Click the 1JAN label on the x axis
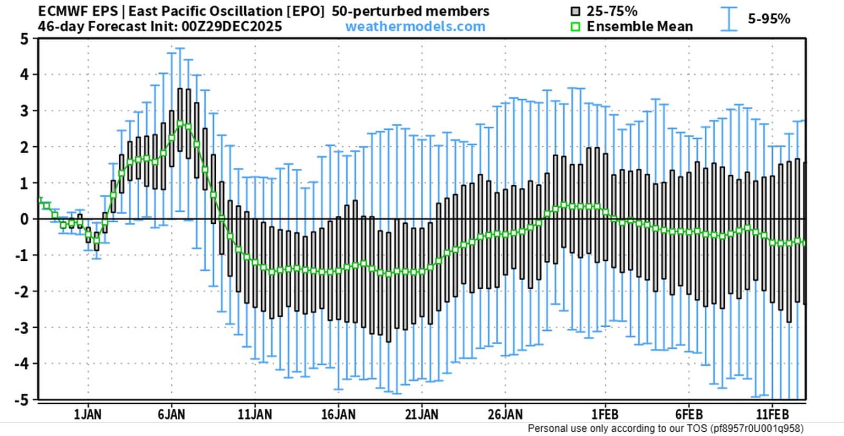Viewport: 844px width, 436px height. (x=88, y=414)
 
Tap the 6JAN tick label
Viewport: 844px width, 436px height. (x=171, y=414)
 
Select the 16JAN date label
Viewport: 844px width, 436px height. (x=338, y=414)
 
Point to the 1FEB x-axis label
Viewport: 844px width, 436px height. (x=605, y=414)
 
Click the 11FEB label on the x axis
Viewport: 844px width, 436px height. (x=773, y=414)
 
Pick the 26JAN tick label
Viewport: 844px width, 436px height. (x=505, y=414)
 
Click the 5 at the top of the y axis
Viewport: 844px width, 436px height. (x=24, y=39)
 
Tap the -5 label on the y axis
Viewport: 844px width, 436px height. (x=22, y=400)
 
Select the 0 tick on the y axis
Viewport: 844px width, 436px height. (x=24, y=219)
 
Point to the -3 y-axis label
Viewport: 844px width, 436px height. (x=22, y=327)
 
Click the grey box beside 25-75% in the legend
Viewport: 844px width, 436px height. (x=575, y=12)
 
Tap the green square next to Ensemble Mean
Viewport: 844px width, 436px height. (x=575, y=27)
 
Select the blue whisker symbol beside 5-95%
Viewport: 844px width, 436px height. (x=729, y=19)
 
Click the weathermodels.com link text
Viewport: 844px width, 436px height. (x=415, y=26)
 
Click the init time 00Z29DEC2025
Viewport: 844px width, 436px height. (x=232, y=26)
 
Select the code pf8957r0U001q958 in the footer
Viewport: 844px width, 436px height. (x=756, y=429)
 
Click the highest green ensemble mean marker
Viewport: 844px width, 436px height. (x=180, y=124)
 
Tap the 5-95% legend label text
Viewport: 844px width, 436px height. (x=769, y=19)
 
